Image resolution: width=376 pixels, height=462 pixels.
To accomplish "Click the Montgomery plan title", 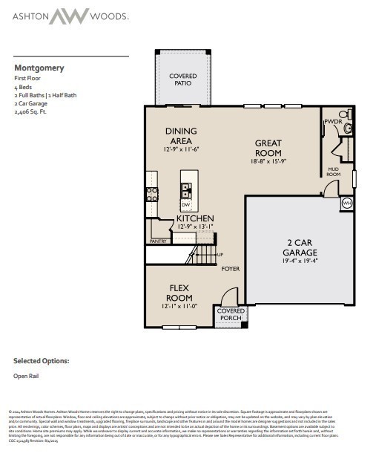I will click(x=39, y=68).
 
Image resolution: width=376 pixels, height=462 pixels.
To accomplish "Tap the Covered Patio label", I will click(x=182, y=79).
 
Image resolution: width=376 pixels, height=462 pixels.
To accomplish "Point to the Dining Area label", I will click(x=180, y=136).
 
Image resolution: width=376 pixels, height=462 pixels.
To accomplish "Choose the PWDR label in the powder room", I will click(x=332, y=121).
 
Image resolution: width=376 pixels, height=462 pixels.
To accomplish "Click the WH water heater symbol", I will click(x=347, y=203).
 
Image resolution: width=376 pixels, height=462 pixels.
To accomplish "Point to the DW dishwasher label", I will click(x=186, y=204).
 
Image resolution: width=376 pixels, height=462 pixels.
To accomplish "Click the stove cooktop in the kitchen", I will click(x=151, y=194).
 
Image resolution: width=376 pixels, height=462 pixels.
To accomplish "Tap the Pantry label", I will click(x=158, y=241).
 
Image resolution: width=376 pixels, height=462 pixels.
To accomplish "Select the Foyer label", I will click(x=230, y=268).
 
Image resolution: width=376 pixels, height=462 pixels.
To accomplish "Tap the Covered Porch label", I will click(x=230, y=315).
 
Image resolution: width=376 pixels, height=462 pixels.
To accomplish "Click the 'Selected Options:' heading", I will click(x=41, y=360).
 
